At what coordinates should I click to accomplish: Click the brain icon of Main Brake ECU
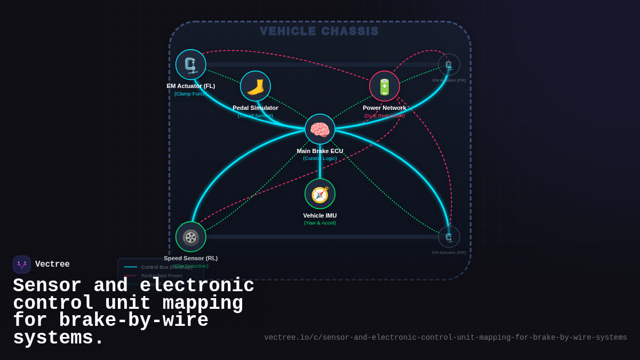pos(320,129)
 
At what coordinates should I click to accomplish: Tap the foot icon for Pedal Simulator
pos(255,86)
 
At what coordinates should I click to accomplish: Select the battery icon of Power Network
pos(385,86)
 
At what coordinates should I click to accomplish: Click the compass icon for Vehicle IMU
pos(320,194)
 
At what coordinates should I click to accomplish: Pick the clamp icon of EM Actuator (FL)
pos(191,65)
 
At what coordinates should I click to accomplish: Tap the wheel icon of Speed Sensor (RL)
pos(191,237)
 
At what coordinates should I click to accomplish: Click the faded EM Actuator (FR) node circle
pos(449,65)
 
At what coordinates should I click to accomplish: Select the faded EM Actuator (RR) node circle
pos(449,237)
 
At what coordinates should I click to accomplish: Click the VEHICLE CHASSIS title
pos(319,31)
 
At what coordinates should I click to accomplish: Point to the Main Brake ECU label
pos(320,151)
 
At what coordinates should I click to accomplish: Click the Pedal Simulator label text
pos(255,108)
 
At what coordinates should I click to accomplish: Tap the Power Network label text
pos(385,108)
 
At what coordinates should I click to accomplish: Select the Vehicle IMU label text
pos(320,215)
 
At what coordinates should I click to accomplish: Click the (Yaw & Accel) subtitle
pos(320,223)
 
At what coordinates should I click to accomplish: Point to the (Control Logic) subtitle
pos(320,158)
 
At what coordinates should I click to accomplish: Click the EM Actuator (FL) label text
pos(191,86)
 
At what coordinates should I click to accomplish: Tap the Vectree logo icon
pos(22,265)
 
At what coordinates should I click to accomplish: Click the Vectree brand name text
pos(52,265)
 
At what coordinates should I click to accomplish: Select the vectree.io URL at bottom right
pos(445,338)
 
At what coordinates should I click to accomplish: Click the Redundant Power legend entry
pos(162,276)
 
